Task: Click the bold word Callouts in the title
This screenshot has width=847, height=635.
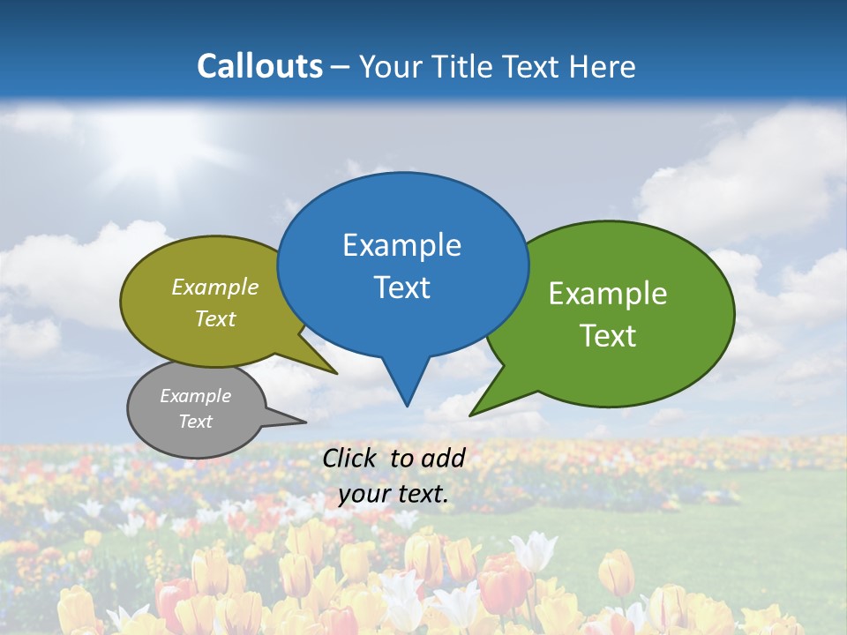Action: click(259, 66)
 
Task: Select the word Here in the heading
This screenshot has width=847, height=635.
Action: click(603, 66)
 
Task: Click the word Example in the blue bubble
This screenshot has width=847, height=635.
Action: click(401, 244)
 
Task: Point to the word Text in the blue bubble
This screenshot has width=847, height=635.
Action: click(401, 287)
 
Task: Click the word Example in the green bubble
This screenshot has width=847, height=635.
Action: click(608, 293)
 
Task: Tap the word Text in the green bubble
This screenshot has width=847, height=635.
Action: click(608, 335)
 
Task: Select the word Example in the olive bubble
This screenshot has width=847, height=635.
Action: click(215, 287)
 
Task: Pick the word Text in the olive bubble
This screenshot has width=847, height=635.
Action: click(215, 318)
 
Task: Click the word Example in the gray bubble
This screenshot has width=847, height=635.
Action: click(195, 396)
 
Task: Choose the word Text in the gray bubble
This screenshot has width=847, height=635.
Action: click(195, 422)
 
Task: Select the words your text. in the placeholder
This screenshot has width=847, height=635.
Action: click(394, 494)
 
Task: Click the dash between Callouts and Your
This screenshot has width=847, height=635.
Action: click(341, 66)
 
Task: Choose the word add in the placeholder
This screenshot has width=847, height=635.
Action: click(443, 458)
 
